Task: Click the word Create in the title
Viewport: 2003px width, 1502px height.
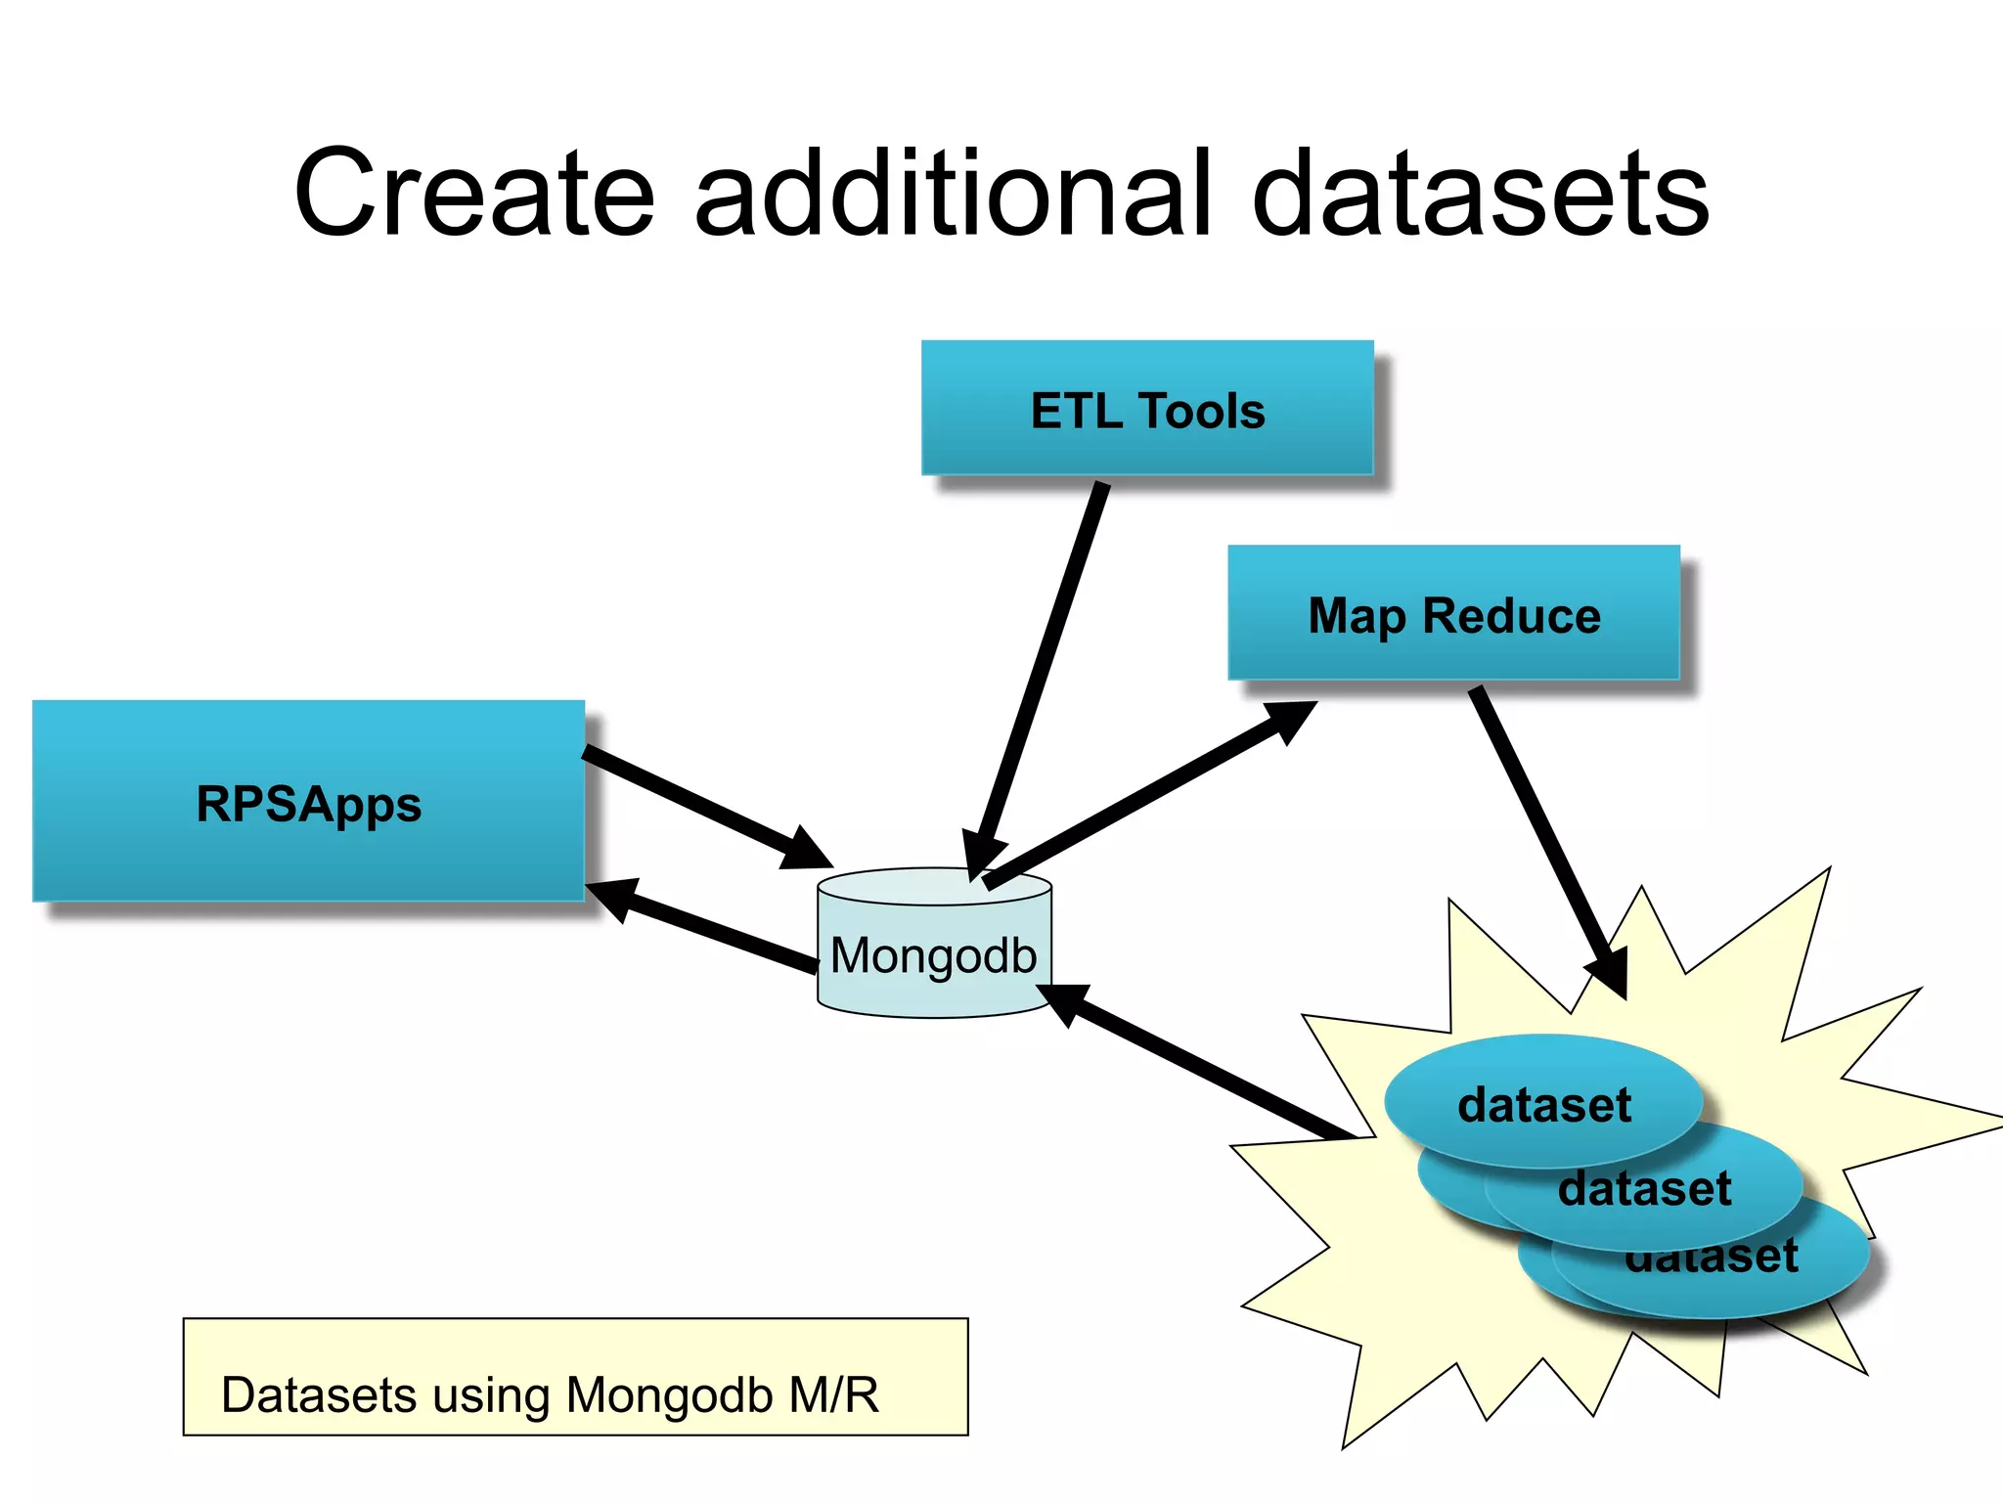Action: coord(473,194)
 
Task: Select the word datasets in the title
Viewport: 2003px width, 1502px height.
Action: coord(1481,194)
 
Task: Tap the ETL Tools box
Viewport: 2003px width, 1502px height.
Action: coord(1146,409)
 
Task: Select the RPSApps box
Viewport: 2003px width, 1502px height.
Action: coord(308,802)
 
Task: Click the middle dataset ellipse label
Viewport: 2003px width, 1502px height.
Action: coord(1645,1189)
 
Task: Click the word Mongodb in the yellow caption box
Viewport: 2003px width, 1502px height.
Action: coord(668,1394)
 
